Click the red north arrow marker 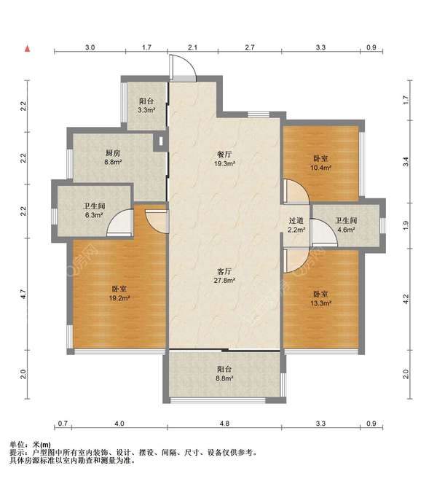pos(28,48)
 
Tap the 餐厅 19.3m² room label pos(224,159)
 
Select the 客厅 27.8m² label pos(224,276)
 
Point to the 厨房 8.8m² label pos(113,157)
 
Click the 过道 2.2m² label pos(296,225)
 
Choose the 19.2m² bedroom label pos(119,293)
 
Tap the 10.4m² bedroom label pos(320,163)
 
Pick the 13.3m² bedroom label pos(320,298)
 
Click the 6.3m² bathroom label pos(94,210)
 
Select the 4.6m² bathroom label pos(346,225)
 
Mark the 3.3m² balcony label pos(146,106)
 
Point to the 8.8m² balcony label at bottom pos(224,373)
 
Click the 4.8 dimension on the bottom pos(224,424)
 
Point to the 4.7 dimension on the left pos(24,294)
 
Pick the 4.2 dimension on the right pos(406,299)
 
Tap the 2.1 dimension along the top pos(192,47)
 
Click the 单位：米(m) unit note pos(30,445)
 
